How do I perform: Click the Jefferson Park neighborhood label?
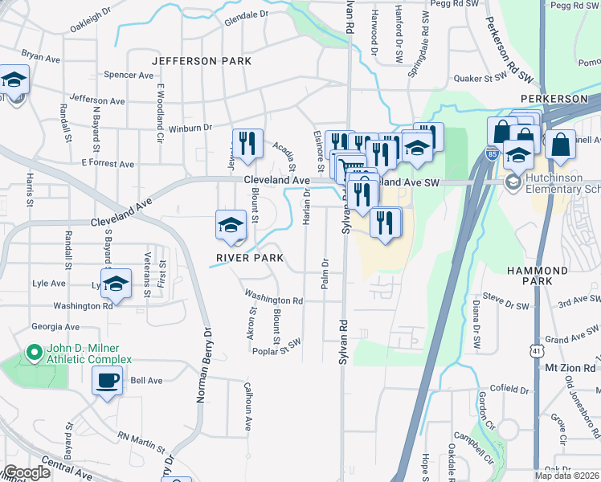201,61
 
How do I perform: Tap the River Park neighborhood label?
249,258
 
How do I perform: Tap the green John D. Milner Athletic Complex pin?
33,353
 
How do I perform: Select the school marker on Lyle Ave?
117,284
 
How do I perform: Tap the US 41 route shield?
535,351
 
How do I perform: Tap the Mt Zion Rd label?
568,367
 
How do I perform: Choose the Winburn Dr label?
190,127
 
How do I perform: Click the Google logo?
27,472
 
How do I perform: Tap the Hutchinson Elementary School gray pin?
512,182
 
